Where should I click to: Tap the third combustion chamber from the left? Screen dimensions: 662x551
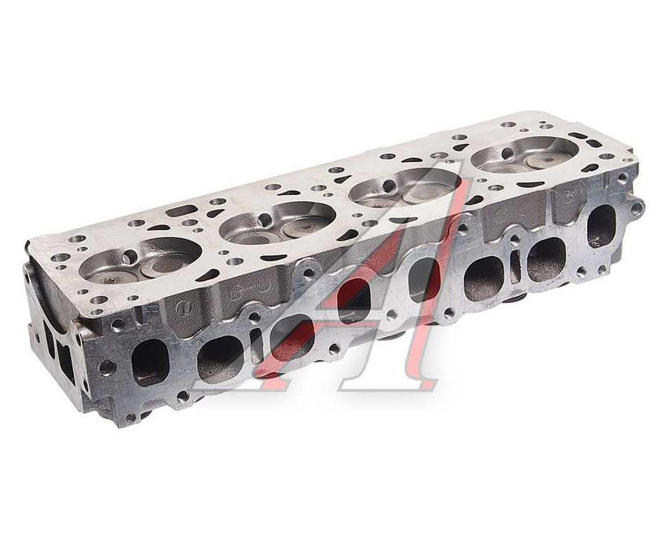click(404, 188)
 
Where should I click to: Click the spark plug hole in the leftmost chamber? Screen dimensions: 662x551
click(131, 254)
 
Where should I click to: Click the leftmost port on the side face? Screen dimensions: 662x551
click(151, 362)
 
